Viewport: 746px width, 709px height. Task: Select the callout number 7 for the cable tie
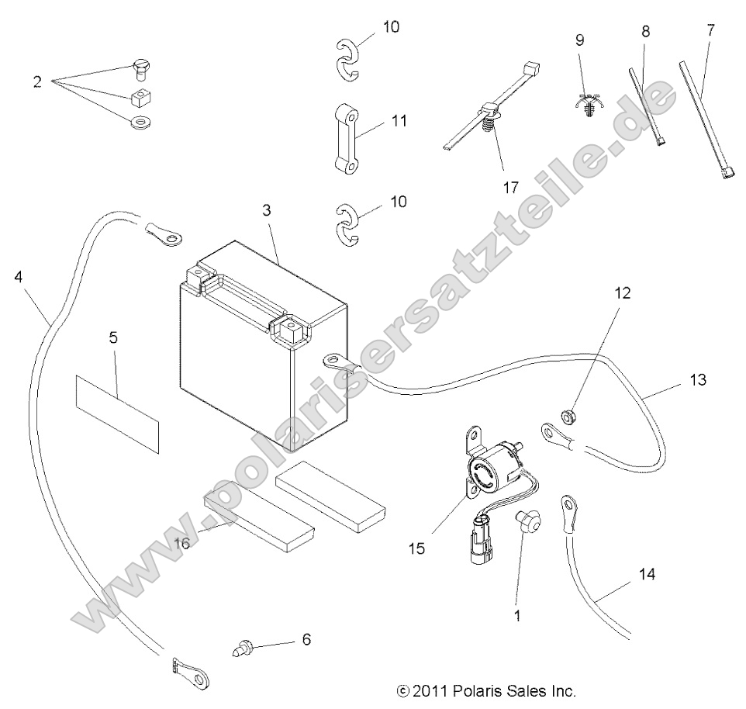pos(713,31)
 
